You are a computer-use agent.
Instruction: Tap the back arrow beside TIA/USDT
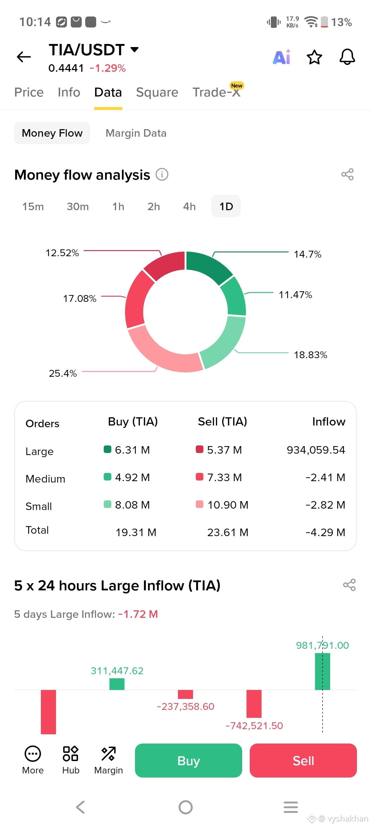click(24, 57)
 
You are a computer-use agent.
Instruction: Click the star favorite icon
click(314, 57)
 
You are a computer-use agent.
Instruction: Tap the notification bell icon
click(347, 57)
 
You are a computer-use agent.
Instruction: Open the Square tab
click(157, 92)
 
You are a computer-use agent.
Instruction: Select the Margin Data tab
click(136, 133)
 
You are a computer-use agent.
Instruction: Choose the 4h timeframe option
click(189, 206)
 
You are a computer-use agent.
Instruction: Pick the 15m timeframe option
click(33, 206)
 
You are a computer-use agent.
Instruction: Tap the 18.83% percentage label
click(311, 355)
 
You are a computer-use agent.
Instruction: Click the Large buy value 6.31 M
click(132, 450)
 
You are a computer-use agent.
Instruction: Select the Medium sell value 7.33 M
click(225, 477)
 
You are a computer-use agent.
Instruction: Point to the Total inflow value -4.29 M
click(325, 532)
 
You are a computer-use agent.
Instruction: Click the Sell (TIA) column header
click(223, 422)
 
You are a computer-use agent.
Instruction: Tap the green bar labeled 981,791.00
click(323, 671)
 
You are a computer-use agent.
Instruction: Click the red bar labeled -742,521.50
click(254, 704)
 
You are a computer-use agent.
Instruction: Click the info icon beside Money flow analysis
click(162, 174)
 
